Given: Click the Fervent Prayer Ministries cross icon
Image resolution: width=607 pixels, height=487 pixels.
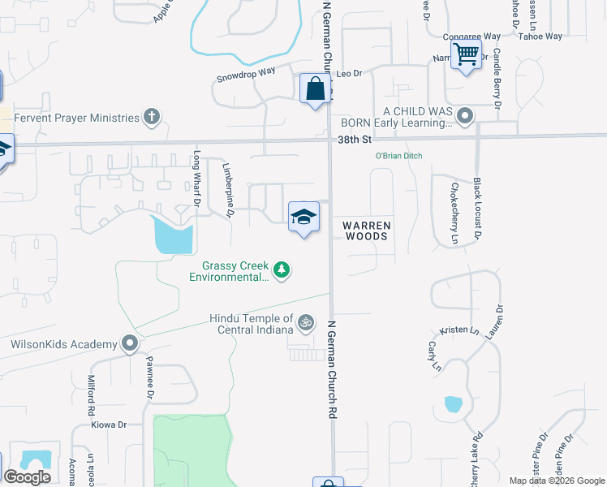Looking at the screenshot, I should click(151, 118).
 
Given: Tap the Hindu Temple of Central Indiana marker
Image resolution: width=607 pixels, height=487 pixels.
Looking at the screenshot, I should click(306, 323).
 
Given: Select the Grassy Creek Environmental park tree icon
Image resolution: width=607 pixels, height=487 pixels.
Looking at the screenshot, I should click(281, 269).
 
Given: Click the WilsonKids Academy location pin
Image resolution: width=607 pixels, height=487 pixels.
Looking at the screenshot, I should click(130, 344).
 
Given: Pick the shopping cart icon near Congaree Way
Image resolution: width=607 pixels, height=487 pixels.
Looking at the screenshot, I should click(466, 55).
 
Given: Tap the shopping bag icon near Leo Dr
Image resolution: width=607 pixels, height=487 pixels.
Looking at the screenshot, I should click(315, 89).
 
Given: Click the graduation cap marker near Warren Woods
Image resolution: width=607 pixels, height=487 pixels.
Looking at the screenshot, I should click(303, 217).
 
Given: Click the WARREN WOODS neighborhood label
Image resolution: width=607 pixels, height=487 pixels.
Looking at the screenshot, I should click(368, 231).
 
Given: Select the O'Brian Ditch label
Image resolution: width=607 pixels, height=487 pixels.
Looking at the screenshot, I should click(398, 156).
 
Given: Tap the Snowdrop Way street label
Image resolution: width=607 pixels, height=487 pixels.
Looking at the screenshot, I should click(246, 75).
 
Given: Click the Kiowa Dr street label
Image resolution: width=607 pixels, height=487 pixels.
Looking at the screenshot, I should click(110, 425).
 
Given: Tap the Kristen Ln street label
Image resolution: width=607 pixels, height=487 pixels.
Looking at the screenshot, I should click(455, 332).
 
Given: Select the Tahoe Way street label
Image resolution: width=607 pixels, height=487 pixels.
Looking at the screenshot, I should click(540, 37).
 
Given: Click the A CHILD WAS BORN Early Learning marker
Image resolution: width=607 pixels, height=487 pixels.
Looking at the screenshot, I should click(465, 117).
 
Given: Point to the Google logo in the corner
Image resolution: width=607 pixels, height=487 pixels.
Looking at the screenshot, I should click(27, 477).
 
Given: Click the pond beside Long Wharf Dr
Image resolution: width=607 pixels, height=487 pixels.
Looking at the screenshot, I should click(173, 236).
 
